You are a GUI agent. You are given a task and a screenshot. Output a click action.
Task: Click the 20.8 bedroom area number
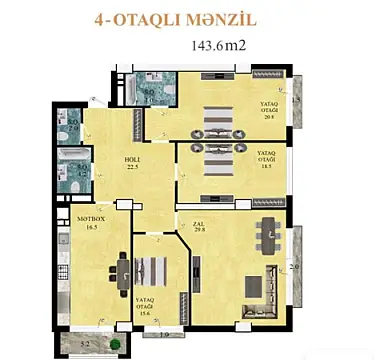coord(269,116)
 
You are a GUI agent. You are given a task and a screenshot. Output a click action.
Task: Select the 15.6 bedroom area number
coord(149,313)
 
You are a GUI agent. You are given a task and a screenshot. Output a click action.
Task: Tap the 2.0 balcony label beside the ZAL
coord(293,266)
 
